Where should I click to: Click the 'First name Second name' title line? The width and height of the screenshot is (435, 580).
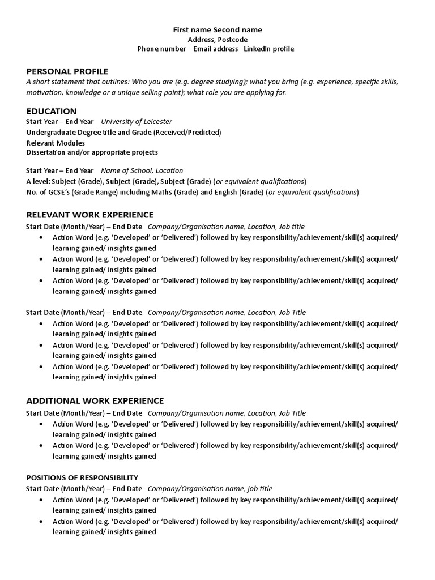point(217,29)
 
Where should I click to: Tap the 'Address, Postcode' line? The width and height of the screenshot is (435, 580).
point(217,40)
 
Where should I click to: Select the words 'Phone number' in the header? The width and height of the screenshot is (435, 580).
point(161,49)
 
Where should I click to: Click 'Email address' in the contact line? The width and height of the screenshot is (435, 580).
point(216,49)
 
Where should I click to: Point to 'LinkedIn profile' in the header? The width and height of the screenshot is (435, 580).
point(269,49)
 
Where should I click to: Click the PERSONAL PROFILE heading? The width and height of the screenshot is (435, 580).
point(67,71)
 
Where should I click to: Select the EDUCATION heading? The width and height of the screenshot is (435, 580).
point(52,112)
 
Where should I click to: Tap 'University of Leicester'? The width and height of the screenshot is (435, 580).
point(137,122)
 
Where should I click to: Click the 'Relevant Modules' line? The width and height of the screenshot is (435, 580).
point(56,143)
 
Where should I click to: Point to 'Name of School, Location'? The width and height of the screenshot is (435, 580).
point(142,170)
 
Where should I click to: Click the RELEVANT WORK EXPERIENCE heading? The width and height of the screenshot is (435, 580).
point(90,215)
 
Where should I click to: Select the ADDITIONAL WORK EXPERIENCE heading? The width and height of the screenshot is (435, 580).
point(95,401)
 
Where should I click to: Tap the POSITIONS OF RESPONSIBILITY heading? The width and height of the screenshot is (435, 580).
point(82,477)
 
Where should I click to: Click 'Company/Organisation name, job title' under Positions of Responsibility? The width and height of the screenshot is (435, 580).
point(210,488)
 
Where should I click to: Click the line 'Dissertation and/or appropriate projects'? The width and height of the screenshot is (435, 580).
point(92,152)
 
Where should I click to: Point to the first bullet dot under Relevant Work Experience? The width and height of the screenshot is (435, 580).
point(41,238)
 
